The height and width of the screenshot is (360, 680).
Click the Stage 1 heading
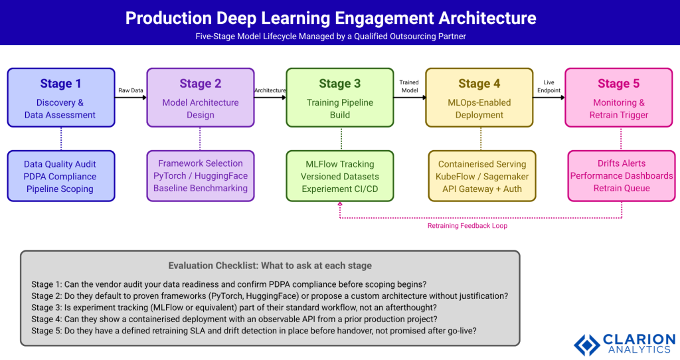pos(60,84)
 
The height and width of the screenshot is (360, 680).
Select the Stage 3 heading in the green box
pos(339,84)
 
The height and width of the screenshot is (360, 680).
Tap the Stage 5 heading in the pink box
pos(618,84)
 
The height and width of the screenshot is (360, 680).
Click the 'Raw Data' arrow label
pos(130,90)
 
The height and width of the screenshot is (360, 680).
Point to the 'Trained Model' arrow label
pos(409,86)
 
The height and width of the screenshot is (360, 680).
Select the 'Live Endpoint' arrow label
pos(549,86)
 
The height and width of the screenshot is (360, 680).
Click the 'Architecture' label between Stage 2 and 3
pos(270,90)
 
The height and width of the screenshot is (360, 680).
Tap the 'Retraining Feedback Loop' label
pos(467,226)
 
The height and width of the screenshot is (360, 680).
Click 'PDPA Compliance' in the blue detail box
pos(60,177)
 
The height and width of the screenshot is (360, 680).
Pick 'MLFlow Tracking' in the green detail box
pos(339,164)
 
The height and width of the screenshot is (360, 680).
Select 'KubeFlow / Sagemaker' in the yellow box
pos(481,177)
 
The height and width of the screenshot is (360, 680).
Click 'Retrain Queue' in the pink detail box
pos(621,188)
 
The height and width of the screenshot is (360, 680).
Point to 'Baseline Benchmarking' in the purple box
pos(200,188)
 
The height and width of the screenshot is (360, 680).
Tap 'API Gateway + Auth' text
pos(481,189)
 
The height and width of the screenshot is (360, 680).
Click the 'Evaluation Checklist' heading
pos(270,266)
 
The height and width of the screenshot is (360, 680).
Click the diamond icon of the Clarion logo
pos(586,345)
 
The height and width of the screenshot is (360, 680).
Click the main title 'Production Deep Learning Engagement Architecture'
pos(331,18)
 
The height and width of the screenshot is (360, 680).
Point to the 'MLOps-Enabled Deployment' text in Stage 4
pos(479,109)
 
